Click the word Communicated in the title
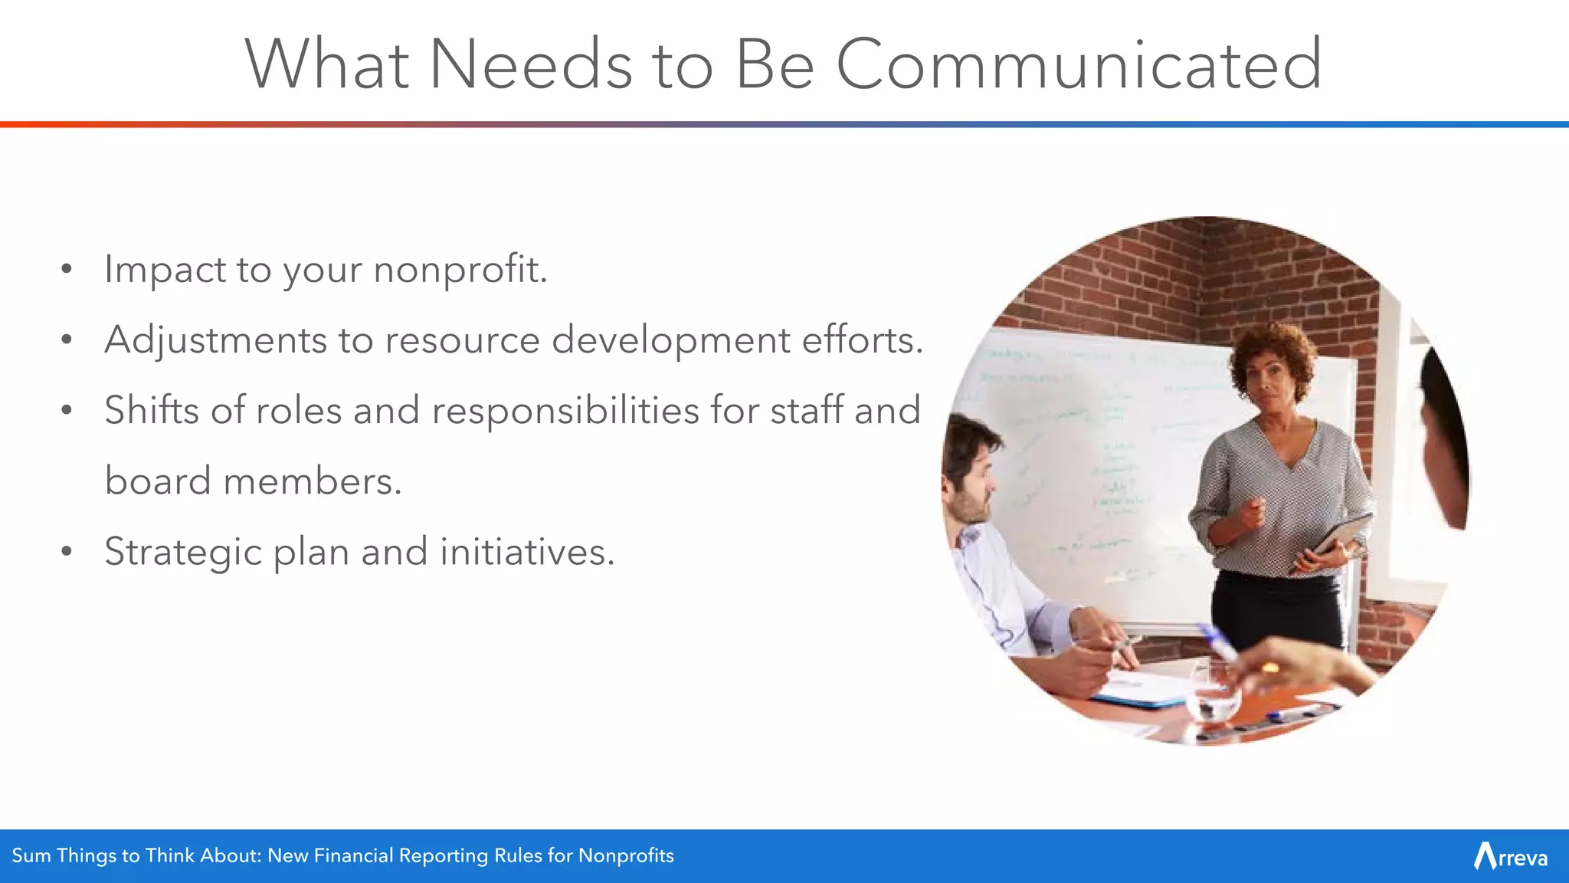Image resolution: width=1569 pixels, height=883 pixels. (x=1079, y=64)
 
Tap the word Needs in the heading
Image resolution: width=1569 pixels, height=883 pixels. (x=531, y=64)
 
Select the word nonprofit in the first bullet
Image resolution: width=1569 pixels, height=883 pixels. (x=460, y=270)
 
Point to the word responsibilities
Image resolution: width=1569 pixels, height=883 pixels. (x=565, y=411)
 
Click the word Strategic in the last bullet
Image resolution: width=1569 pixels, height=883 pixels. (x=182, y=552)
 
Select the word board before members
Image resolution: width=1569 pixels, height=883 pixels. (x=157, y=481)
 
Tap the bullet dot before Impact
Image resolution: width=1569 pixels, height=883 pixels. (x=67, y=269)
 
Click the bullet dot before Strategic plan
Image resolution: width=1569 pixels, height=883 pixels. (x=67, y=551)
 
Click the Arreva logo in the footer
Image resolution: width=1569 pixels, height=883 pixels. (x=1510, y=856)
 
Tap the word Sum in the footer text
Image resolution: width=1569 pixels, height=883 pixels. (x=31, y=855)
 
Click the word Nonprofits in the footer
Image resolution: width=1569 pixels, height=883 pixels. (x=626, y=855)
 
